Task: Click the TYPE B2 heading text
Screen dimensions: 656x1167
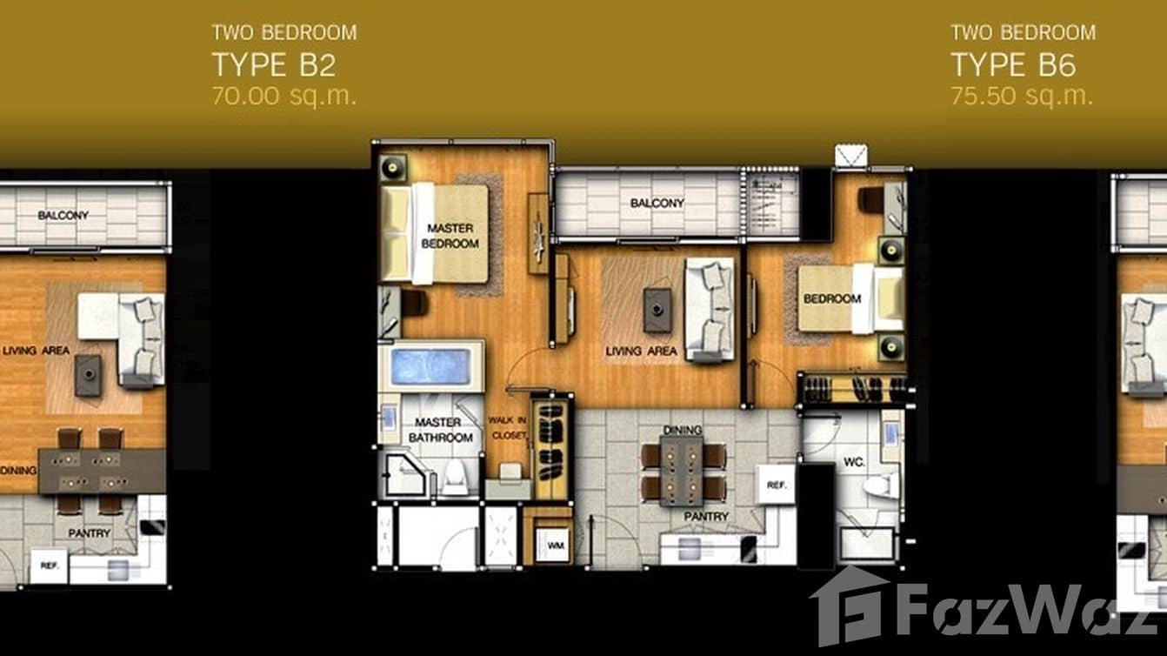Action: [273, 64]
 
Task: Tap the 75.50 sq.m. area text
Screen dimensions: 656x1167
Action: [1021, 96]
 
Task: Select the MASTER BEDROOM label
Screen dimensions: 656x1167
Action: [450, 236]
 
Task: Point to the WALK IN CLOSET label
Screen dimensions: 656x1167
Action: [507, 426]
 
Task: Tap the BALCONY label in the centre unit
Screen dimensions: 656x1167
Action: [657, 204]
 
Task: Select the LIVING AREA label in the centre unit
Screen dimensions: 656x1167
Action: [641, 351]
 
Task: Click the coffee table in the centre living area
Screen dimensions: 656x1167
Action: [657, 309]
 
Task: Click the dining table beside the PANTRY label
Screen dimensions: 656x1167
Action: [682, 471]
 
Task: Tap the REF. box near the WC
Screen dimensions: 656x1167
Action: [774, 484]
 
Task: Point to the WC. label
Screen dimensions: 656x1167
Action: [853, 462]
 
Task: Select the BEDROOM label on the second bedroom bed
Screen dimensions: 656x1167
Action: [832, 298]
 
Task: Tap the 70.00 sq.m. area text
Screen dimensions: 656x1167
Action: [283, 96]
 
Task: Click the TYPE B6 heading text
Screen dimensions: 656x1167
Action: [1012, 64]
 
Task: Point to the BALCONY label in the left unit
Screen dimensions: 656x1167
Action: [63, 215]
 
